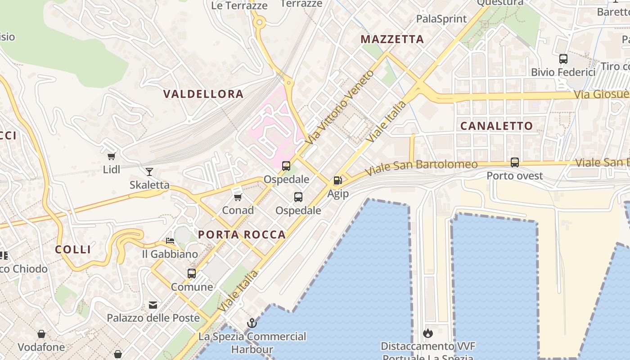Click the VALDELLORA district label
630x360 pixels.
tap(203, 94)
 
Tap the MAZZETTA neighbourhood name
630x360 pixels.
tap(392, 40)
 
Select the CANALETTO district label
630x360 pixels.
tap(496, 126)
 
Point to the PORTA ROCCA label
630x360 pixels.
tap(242, 234)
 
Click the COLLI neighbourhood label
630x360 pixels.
tap(73, 249)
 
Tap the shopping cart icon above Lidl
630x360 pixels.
tap(112, 157)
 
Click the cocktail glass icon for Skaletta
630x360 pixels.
tap(149, 171)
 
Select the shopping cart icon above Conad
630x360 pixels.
tap(238, 197)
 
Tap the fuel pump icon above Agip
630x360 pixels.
tap(337, 180)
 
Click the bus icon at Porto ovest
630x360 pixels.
tap(515, 162)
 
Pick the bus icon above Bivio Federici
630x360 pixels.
tap(563, 58)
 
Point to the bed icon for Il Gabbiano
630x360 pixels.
tap(170, 241)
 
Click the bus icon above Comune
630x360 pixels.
tap(192, 273)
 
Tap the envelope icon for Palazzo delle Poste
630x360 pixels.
tap(153, 305)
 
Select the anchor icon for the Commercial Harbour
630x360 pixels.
tap(252, 323)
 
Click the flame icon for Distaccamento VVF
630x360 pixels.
tap(427, 333)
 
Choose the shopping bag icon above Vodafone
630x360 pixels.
tap(41, 334)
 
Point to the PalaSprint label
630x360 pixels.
tap(441, 19)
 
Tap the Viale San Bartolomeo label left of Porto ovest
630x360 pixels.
tap(421, 167)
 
